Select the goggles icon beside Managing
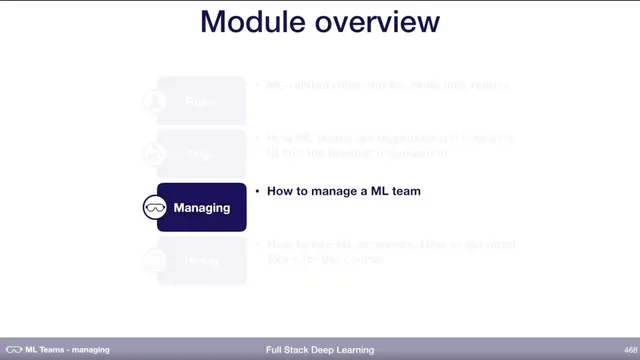click(155, 208)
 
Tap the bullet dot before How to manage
click(257, 190)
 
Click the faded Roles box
click(201, 101)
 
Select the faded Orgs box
click(201, 154)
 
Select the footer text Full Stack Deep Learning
click(320, 350)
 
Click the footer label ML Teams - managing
click(67, 350)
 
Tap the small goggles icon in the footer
click(13, 350)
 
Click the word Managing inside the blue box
click(202, 208)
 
